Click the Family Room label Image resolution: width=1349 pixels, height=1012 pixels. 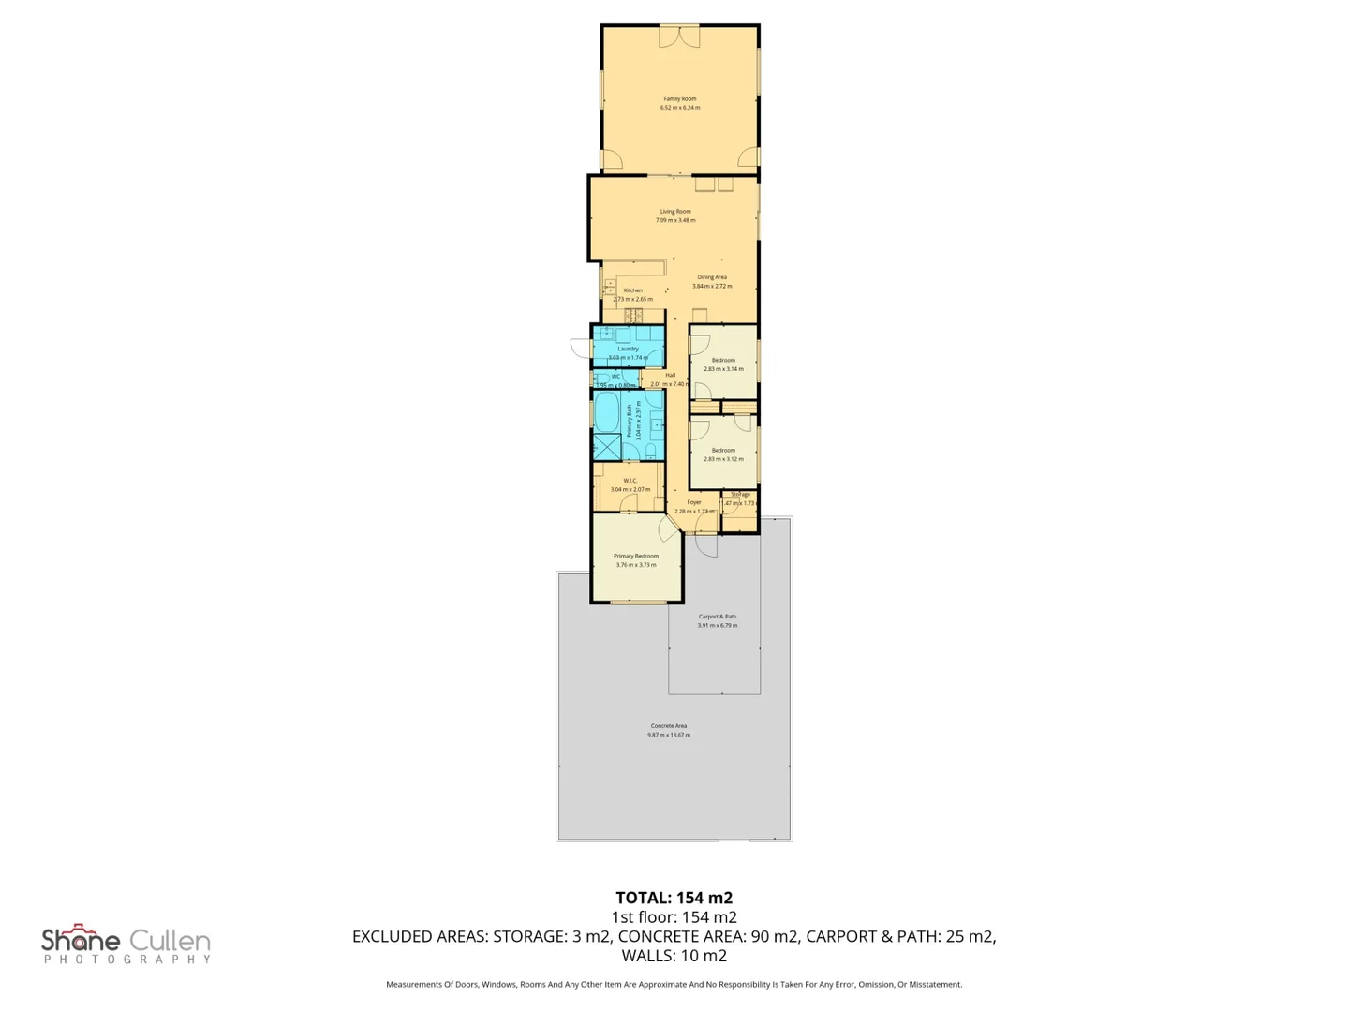pos(679,98)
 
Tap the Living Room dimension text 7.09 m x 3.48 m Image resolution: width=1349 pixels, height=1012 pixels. pos(674,220)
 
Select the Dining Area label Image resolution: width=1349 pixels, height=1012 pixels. pos(712,277)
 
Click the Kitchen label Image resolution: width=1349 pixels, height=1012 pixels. pos(633,290)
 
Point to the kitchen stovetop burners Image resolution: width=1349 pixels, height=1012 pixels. pos(634,315)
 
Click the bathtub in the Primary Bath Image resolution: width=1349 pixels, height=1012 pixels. pos(606,410)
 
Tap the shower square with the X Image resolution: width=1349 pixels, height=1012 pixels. pos(606,447)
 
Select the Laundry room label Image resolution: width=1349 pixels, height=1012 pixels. pos(628,349)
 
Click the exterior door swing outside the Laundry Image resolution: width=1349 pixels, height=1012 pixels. pos(581,348)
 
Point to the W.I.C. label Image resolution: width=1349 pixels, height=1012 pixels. pos(630,481)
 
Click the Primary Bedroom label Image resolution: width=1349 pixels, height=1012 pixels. pos(635,556)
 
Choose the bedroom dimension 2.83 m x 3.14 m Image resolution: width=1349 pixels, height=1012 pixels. pos(723,369)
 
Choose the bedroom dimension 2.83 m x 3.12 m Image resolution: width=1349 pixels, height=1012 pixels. pos(723,459)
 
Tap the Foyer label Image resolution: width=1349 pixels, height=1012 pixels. pos(694,502)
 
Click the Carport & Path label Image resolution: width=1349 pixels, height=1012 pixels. pos(717,617)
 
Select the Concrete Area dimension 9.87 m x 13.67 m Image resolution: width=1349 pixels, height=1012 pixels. pos(669,735)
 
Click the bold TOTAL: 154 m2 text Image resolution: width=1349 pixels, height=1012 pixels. pos(674,898)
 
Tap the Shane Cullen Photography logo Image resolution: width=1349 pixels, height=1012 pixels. pos(126,945)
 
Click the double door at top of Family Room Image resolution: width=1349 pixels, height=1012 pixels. pos(679,36)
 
